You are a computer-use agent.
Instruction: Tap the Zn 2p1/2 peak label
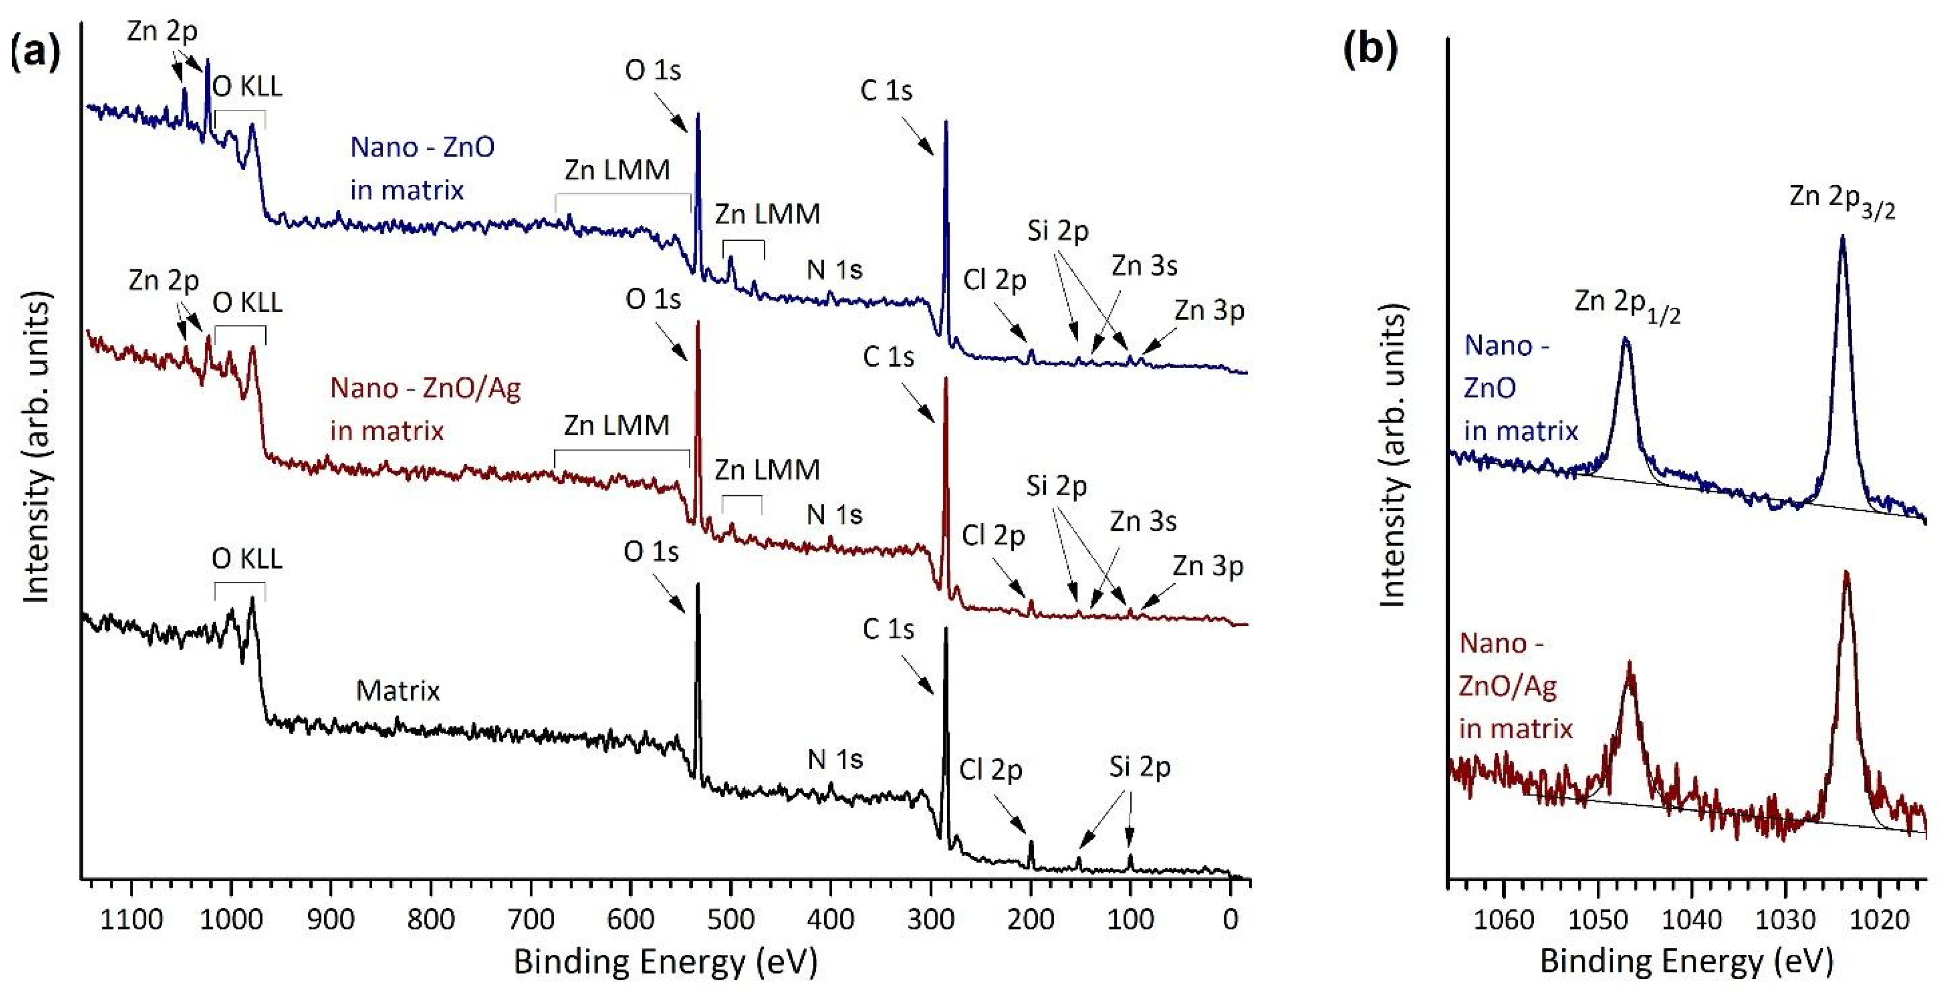pyautogui.click(x=1627, y=304)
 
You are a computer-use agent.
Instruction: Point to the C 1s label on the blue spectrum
pyautogui.click(x=886, y=91)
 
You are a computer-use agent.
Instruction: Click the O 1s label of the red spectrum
pyautogui.click(x=653, y=299)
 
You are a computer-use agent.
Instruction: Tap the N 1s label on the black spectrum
pyautogui.click(x=834, y=759)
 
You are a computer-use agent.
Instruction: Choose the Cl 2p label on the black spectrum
pyautogui.click(x=990, y=770)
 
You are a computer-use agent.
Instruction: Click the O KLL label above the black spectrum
pyautogui.click(x=247, y=559)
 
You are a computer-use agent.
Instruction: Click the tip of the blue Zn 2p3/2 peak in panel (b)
pyautogui.click(x=1842, y=237)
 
